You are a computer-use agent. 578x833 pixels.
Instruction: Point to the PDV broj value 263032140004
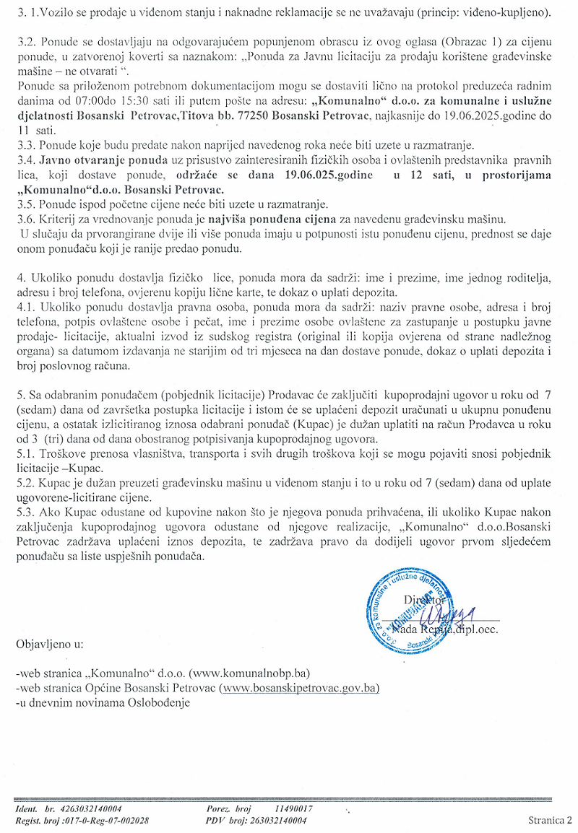click(277, 820)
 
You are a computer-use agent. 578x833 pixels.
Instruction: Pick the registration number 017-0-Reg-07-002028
click(108, 820)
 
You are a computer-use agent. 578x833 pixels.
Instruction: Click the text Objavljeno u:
click(50, 642)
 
